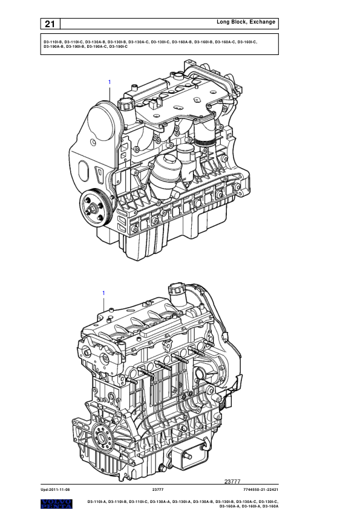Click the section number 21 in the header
pyautogui.click(x=50, y=24)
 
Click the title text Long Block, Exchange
pyautogui.click(x=246, y=22)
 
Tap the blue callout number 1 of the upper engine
pyautogui.click(x=110, y=82)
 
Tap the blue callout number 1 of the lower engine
pyautogui.click(x=103, y=293)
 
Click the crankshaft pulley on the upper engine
pyautogui.click(x=94, y=208)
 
